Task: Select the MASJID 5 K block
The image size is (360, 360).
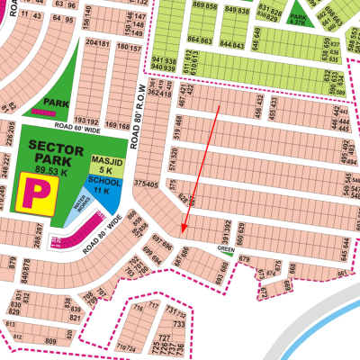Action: tap(102, 164)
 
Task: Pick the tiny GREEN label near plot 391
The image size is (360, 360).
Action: tap(225, 248)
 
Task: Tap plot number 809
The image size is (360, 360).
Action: tap(50, 342)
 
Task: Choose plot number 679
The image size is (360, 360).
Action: tap(245, 260)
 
